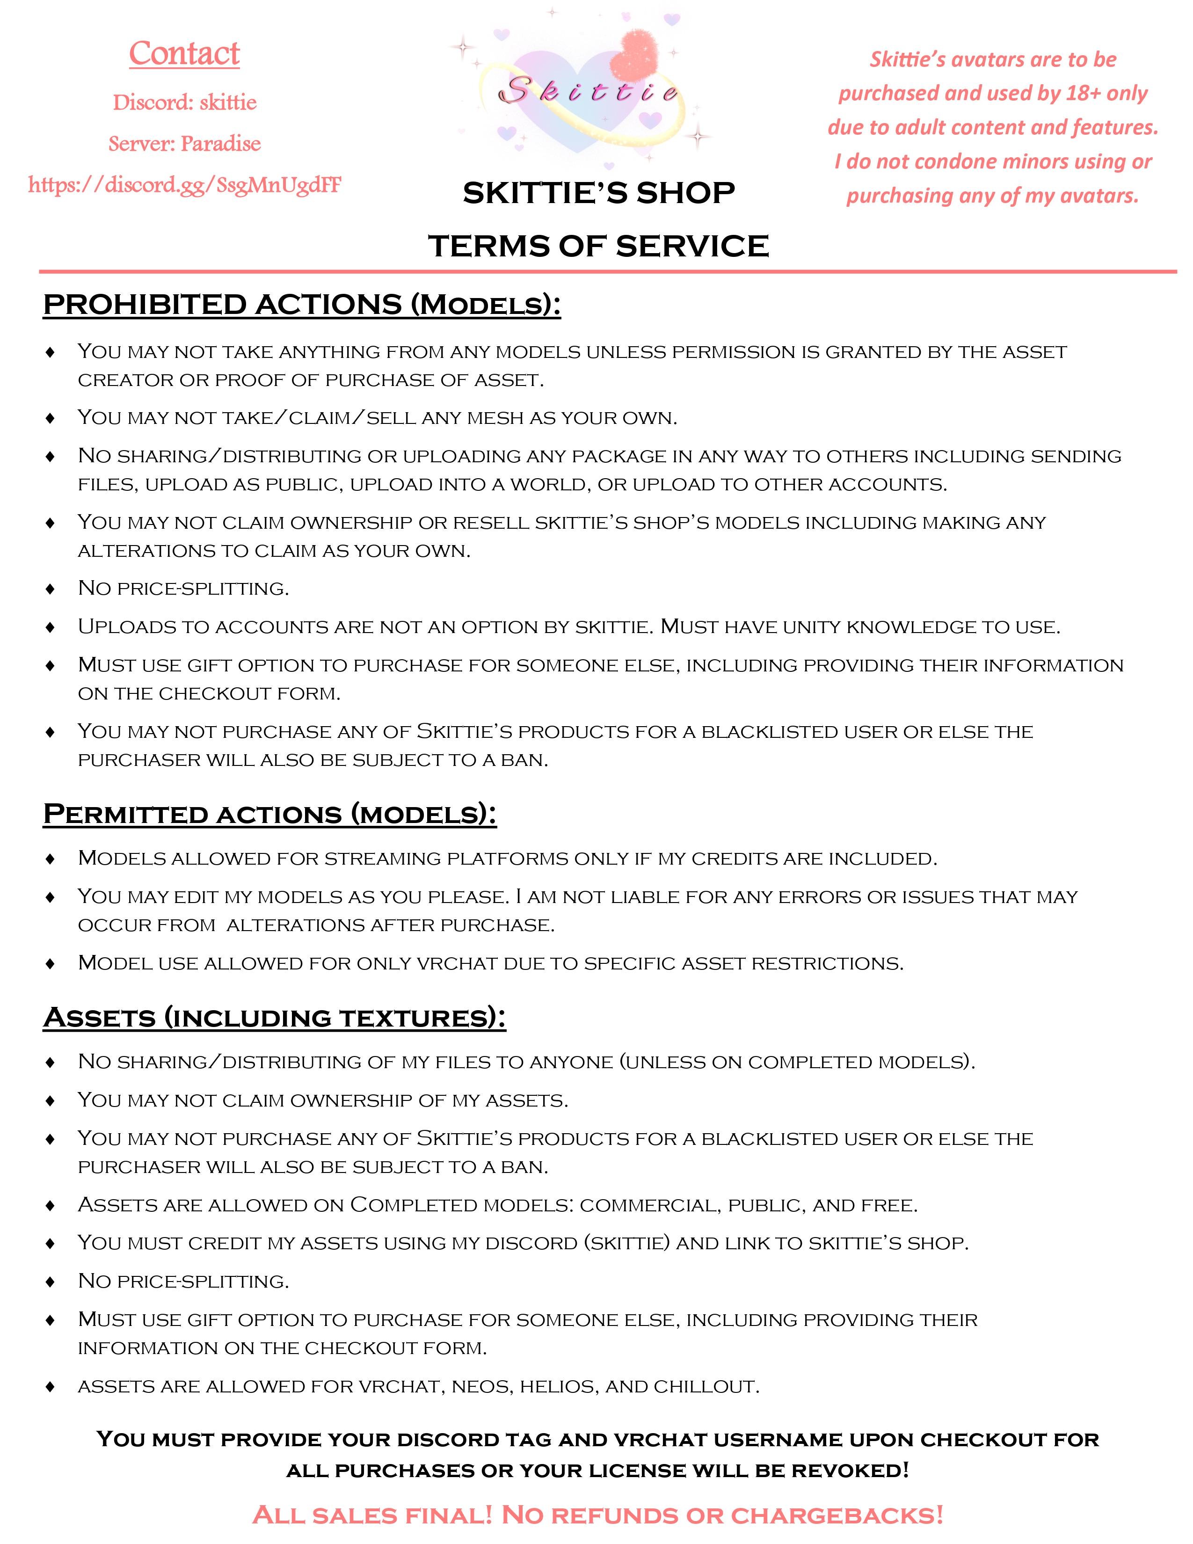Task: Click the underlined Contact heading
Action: pyautogui.click(x=184, y=54)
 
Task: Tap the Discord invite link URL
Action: pyautogui.click(x=184, y=185)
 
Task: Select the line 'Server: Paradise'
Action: pyautogui.click(x=184, y=144)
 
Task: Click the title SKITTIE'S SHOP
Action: pyautogui.click(x=599, y=193)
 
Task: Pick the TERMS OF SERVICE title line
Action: pyautogui.click(x=599, y=246)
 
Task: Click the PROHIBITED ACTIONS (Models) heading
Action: pyautogui.click(x=302, y=305)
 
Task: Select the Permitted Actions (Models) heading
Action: pyautogui.click(x=270, y=814)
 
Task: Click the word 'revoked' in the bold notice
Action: pyautogui.click(x=848, y=1471)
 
